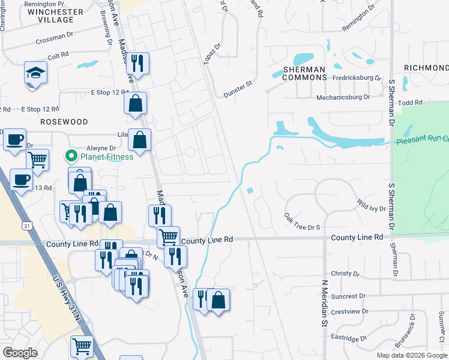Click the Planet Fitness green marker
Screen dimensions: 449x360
point(71,158)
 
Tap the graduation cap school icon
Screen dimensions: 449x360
point(35,74)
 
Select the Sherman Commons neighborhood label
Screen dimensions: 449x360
point(304,74)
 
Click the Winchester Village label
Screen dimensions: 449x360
point(55,16)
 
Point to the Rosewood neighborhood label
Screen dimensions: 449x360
point(64,122)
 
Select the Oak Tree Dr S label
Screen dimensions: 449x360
point(303,227)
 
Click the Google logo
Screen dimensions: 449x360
point(20,353)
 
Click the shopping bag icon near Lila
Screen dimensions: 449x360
point(139,141)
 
